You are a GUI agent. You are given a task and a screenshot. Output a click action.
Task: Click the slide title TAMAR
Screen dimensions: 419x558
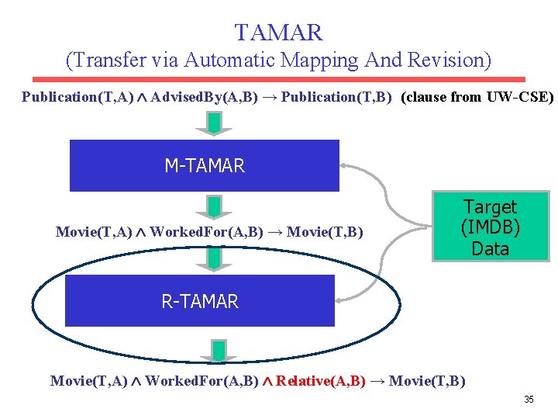click(278, 33)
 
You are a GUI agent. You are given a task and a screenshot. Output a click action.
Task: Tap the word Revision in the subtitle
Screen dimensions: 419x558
click(446, 60)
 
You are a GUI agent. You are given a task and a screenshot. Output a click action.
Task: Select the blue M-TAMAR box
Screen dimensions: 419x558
click(205, 165)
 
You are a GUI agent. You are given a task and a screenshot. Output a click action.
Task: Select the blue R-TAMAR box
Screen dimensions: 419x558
click(200, 301)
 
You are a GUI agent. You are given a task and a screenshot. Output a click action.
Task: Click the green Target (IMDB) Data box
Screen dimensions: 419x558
click(491, 227)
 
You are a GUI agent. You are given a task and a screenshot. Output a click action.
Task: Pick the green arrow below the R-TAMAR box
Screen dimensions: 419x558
click(219, 351)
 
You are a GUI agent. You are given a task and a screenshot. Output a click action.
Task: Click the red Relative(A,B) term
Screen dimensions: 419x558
click(321, 381)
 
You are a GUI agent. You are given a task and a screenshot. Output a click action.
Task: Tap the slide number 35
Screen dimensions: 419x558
click(529, 400)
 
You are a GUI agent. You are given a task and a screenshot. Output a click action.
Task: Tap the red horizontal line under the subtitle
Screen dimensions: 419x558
click(278, 79)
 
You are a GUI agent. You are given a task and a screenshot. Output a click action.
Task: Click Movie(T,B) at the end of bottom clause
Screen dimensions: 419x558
click(427, 381)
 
